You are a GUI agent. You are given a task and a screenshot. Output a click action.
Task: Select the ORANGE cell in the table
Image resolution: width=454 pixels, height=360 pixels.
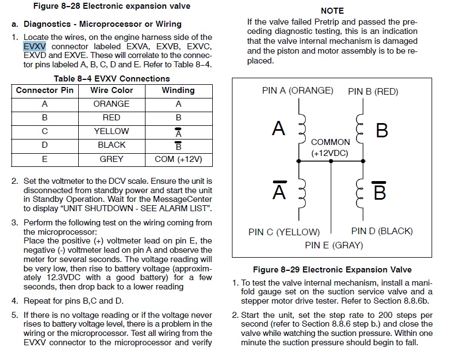111,103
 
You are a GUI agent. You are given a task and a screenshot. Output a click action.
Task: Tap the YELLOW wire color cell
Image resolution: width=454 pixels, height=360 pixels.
111,131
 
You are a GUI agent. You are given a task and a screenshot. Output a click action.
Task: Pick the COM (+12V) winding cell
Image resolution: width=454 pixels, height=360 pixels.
178,159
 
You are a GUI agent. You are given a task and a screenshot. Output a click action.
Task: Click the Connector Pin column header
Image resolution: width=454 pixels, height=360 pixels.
45,90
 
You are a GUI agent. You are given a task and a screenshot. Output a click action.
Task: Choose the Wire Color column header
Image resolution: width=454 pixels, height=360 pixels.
111,90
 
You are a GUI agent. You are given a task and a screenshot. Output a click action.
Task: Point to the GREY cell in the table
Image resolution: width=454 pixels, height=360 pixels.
111,159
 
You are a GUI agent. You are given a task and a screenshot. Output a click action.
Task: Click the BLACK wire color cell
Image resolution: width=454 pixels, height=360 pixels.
111,145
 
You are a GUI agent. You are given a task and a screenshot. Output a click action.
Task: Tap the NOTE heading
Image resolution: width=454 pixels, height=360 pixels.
332,10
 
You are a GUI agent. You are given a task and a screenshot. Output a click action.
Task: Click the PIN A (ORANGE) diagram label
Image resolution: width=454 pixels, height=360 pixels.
298,90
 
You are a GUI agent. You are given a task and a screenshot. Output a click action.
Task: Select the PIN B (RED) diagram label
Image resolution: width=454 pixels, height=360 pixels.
373,91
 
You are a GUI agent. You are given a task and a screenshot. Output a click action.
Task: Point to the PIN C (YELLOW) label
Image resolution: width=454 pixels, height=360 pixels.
284,232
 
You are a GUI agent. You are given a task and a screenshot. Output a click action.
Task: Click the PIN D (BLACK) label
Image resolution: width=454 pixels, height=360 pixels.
382,231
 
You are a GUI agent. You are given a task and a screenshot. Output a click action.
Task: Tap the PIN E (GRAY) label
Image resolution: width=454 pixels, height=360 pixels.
334,245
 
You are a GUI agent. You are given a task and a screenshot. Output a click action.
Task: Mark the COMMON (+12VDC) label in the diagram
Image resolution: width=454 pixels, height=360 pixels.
330,148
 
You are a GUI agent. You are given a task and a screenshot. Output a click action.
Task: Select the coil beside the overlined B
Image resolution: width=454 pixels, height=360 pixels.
360,191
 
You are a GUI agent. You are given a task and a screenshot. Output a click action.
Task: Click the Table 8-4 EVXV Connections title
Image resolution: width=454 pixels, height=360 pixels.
112,78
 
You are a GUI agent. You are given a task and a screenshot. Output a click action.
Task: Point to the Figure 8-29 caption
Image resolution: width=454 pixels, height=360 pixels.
332,270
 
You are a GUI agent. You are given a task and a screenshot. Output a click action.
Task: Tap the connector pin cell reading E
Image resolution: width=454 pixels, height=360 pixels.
45,159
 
